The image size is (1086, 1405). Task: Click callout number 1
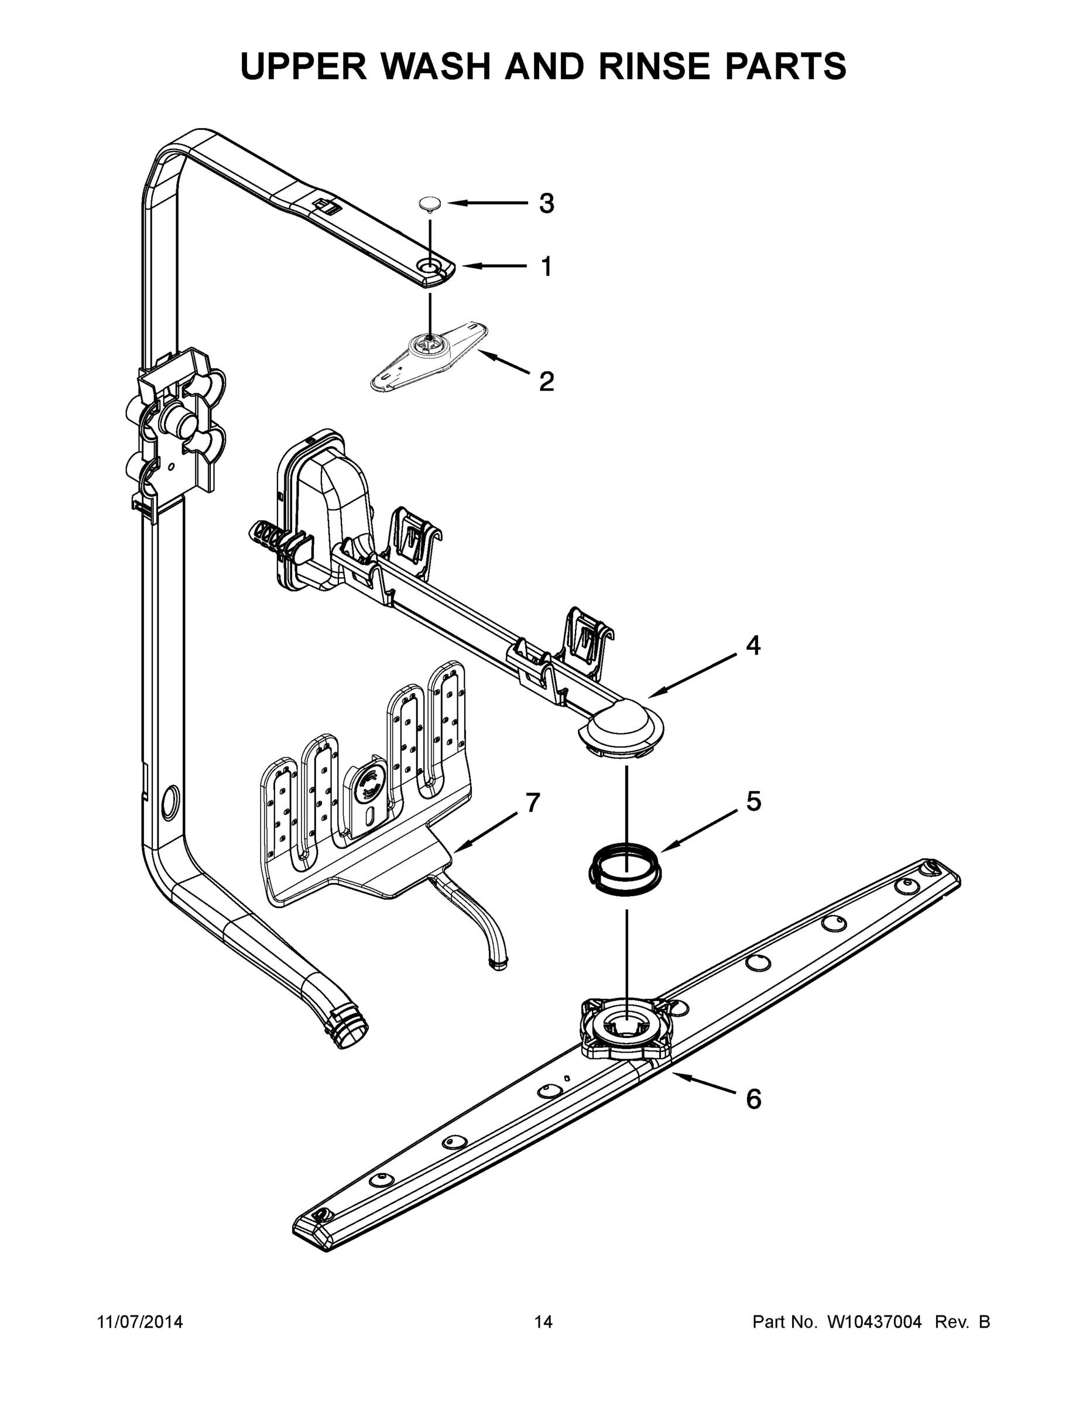pos(546,266)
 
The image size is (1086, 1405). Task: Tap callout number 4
pos(753,645)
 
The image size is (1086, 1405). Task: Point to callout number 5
pos(753,801)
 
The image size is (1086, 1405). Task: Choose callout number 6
pos(753,1099)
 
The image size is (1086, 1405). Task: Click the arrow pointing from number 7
pos(486,832)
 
